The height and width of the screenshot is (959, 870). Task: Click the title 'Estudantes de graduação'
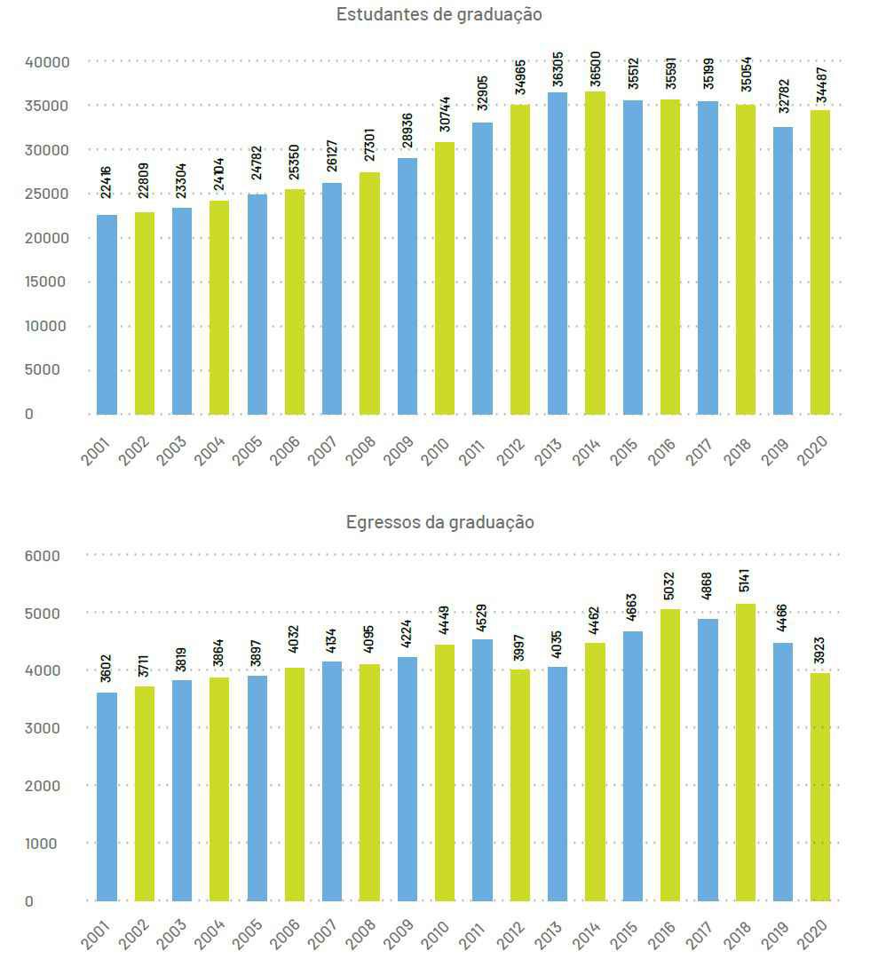(x=439, y=14)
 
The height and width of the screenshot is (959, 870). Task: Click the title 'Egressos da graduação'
(x=439, y=522)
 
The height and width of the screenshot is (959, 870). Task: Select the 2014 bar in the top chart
(x=595, y=253)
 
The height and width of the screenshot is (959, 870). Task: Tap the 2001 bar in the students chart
(x=107, y=314)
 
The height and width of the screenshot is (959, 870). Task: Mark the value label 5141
(x=745, y=579)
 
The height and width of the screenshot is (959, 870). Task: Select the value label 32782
(x=783, y=100)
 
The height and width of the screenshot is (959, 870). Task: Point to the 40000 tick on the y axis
(x=47, y=62)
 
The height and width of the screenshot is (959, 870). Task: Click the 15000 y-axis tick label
(x=47, y=282)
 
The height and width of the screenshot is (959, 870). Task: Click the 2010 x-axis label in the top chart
(x=435, y=450)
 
